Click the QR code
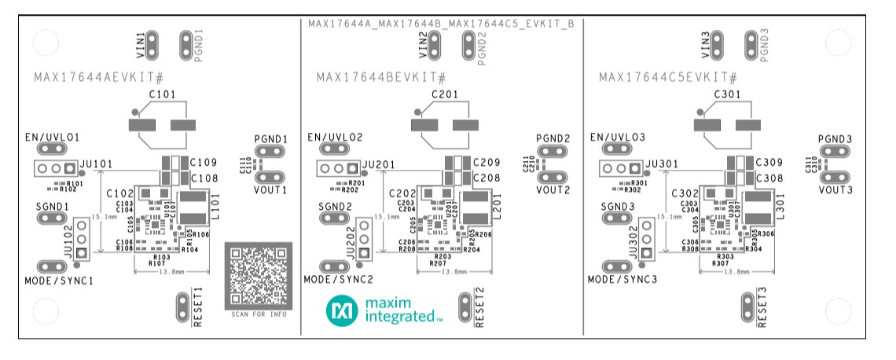(259, 275)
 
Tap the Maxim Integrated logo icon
(342, 311)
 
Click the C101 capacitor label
(163, 94)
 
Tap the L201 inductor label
(496, 211)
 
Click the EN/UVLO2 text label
(335, 137)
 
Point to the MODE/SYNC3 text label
(621, 280)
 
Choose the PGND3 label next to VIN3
(764, 44)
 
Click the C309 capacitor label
(768, 163)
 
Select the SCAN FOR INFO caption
(259, 314)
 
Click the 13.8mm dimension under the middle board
(454, 271)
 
